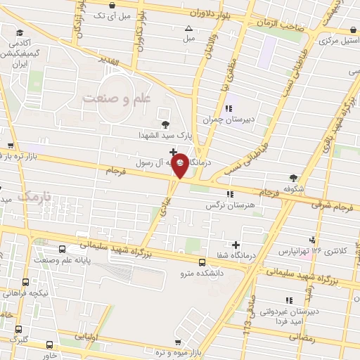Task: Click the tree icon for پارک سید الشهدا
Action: (x=165, y=124)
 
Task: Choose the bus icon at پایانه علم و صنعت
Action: (x=63, y=250)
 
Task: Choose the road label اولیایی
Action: (x=84, y=337)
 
